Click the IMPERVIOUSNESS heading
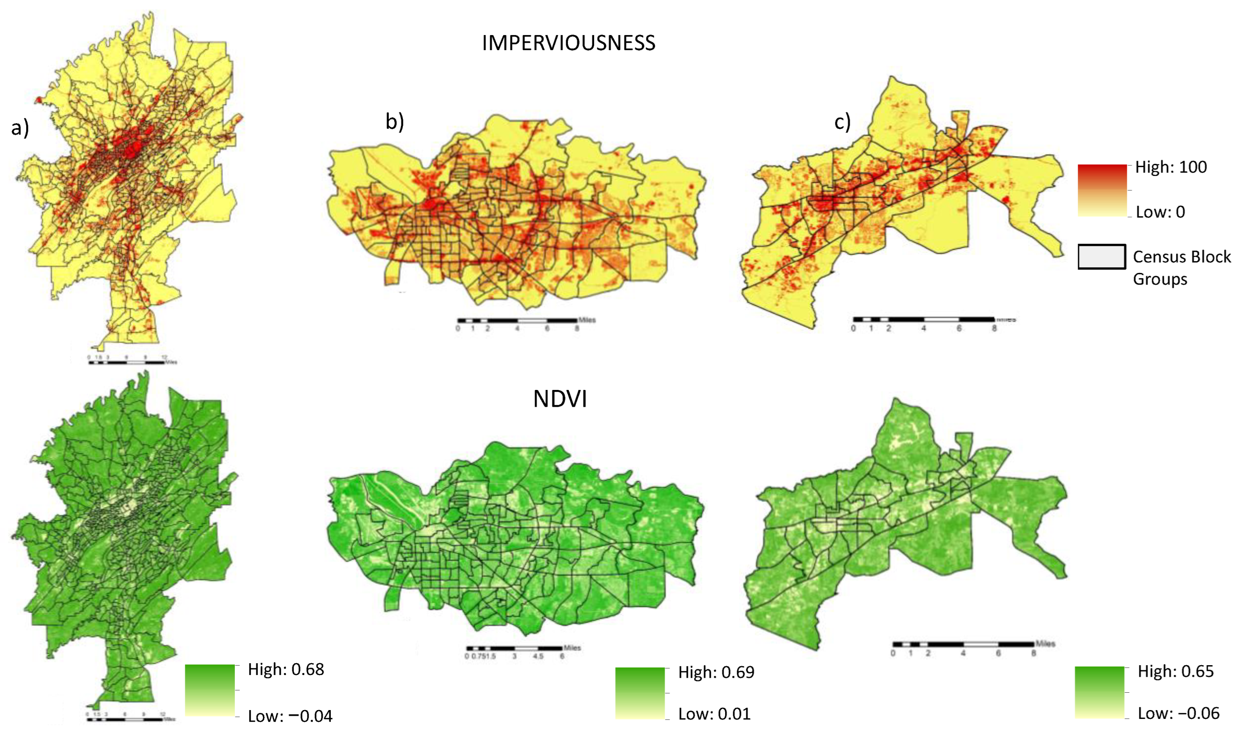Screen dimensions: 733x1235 (x=569, y=44)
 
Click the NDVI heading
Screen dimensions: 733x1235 (x=560, y=399)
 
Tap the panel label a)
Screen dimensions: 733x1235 (x=20, y=128)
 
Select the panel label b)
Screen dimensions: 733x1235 (x=394, y=122)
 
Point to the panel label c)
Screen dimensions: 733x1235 (x=843, y=122)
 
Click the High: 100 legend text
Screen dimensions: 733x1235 (x=1171, y=167)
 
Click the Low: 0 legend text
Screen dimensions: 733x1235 (x=1160, y=212)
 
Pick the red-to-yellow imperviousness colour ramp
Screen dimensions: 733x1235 (x=1102, y=190)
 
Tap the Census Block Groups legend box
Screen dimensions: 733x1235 (x=1101, y=257)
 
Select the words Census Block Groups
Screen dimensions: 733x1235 (x=1181, y=268)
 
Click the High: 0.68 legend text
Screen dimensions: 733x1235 (x=286, y=669)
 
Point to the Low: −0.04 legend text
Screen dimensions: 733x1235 (x=290, y=716)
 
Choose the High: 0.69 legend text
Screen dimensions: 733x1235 (x=716, y=672)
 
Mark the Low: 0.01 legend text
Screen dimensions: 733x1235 (x=714, y=714)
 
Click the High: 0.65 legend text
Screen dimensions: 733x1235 (x=1175, y=671)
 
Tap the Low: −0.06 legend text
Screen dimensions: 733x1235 (x=1178, y=713)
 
